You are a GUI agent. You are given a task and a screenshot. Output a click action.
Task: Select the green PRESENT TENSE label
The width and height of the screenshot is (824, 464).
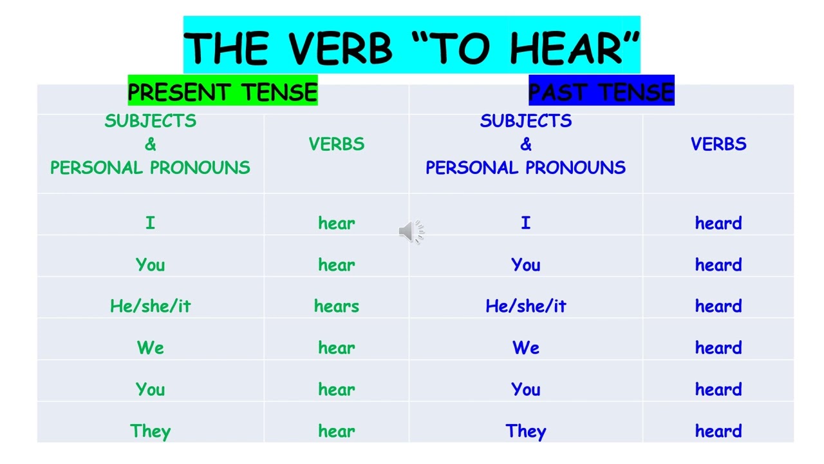click(223, 92)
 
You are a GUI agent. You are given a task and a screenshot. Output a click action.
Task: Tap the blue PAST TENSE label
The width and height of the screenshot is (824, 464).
click(601, 92)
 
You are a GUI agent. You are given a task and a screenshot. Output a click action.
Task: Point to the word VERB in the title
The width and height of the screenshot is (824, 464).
click(339, 48)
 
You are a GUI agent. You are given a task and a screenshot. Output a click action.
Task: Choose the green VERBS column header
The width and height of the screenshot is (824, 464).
click(337, 144)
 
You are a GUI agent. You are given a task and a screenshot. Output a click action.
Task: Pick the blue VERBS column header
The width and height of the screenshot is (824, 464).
click(718, 144)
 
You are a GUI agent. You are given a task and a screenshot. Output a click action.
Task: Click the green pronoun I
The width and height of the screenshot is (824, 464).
click(150, 224)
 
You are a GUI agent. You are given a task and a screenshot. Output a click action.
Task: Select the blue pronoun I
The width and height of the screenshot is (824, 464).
click(526, 224)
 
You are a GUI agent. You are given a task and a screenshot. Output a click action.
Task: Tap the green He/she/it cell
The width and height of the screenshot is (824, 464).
click(151, 306)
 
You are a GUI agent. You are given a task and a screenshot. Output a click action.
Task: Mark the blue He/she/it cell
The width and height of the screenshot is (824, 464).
click(526, 306)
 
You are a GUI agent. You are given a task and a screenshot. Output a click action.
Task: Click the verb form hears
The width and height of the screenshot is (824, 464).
click(337, 306)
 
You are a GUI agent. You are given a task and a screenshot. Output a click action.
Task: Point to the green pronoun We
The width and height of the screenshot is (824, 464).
click(151, 348)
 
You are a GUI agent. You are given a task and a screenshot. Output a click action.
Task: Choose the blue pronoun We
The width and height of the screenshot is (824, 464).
click(526, 348)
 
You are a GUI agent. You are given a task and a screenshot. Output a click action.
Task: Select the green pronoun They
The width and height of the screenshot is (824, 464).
click(151, 431)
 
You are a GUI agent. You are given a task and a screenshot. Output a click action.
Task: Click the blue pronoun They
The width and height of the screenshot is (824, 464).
click(526, 431)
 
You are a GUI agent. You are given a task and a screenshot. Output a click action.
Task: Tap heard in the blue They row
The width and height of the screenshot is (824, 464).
click(718, 431)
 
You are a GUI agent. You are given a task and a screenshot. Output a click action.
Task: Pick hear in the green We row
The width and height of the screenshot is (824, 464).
click(337, 348)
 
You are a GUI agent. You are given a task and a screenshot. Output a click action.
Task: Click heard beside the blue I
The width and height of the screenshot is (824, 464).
click(718, 224)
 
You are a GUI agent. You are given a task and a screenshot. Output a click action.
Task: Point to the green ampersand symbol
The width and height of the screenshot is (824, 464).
click(151, 144)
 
